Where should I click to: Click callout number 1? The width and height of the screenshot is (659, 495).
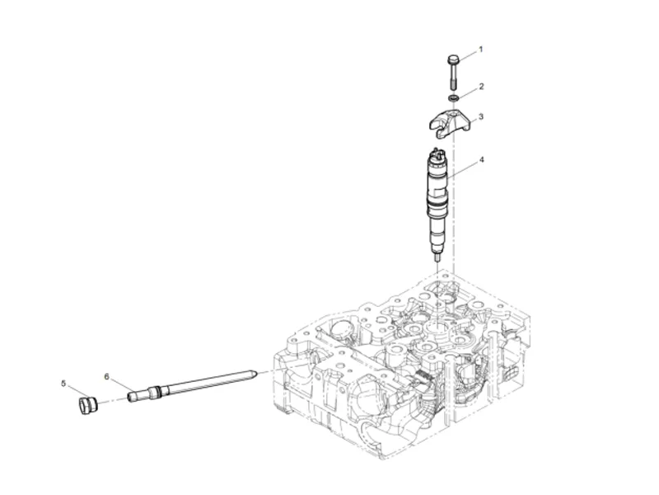481,49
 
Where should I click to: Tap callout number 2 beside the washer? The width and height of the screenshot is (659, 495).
481,86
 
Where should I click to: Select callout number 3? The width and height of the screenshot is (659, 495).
481,116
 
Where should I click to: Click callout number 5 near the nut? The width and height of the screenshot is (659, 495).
63,383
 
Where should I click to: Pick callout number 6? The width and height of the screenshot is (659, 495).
106,376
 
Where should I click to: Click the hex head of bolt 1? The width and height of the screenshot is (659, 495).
452,59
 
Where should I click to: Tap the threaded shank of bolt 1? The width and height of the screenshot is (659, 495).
452,78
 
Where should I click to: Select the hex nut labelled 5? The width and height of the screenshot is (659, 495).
86,405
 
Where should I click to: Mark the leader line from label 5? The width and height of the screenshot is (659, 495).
74,391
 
